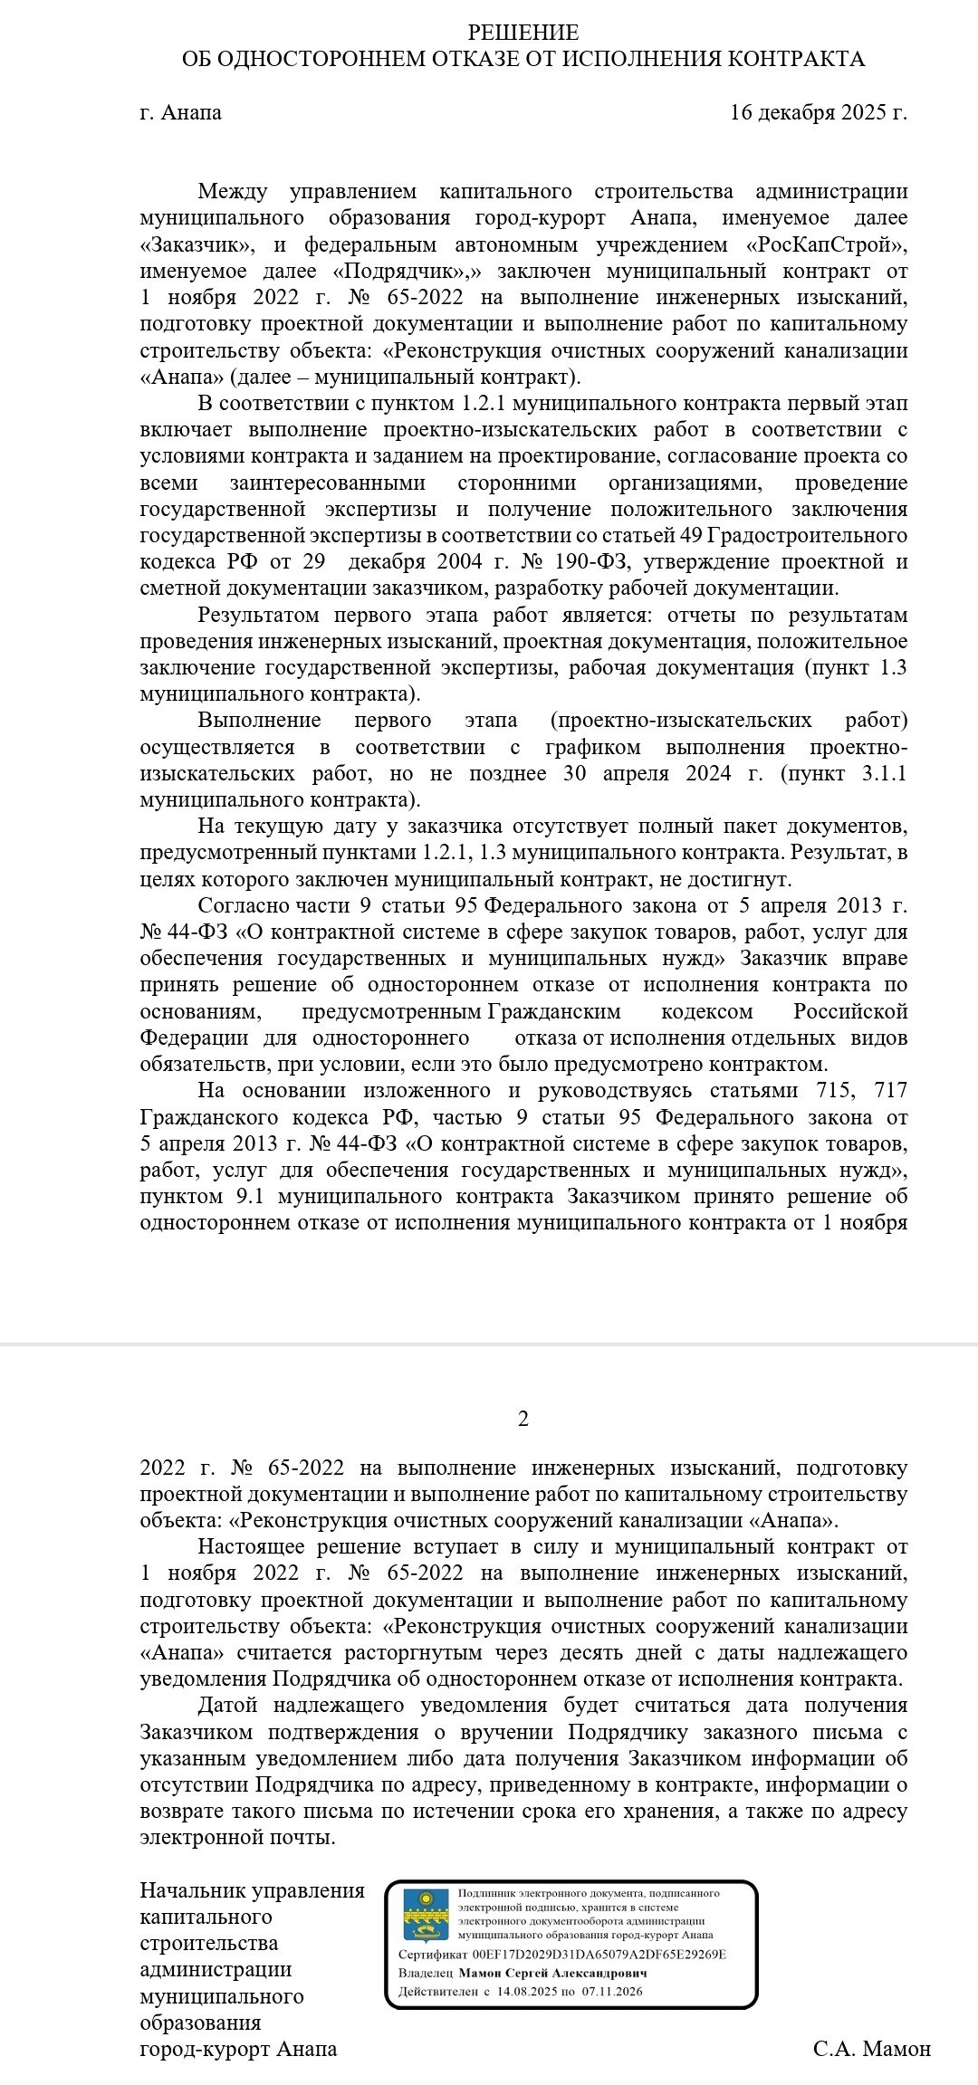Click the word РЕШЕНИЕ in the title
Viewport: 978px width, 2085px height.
523,33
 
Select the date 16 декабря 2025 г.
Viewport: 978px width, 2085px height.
818,113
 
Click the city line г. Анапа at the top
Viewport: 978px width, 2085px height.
181,113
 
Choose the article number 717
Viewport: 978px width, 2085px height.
887,1090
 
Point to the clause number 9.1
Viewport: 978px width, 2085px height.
242,1196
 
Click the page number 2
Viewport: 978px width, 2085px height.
523,1419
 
